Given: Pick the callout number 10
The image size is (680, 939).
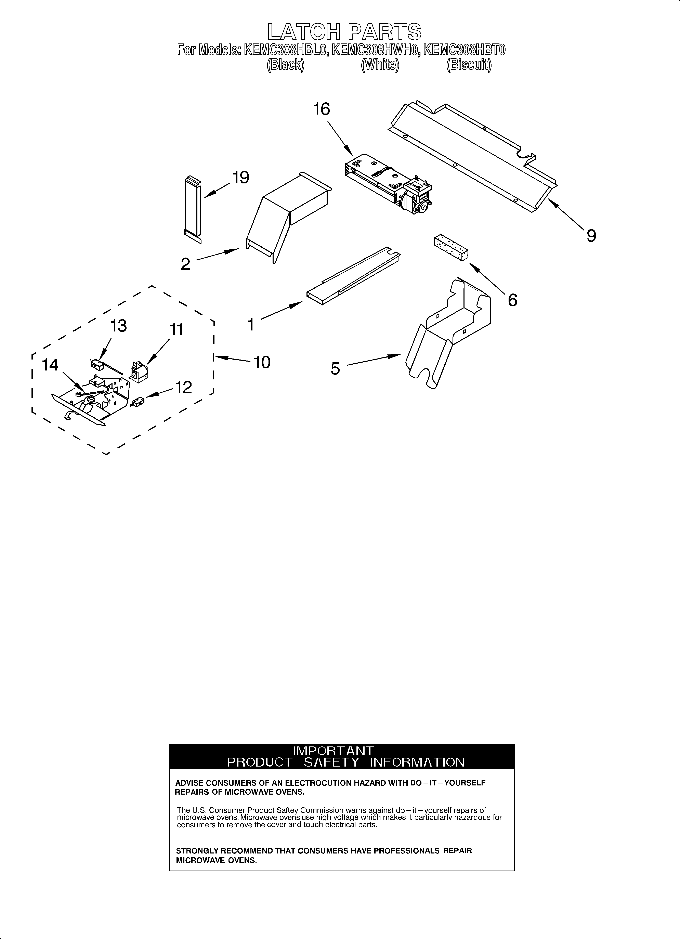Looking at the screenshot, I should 262,362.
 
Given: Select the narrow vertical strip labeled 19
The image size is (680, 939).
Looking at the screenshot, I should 193,209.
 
